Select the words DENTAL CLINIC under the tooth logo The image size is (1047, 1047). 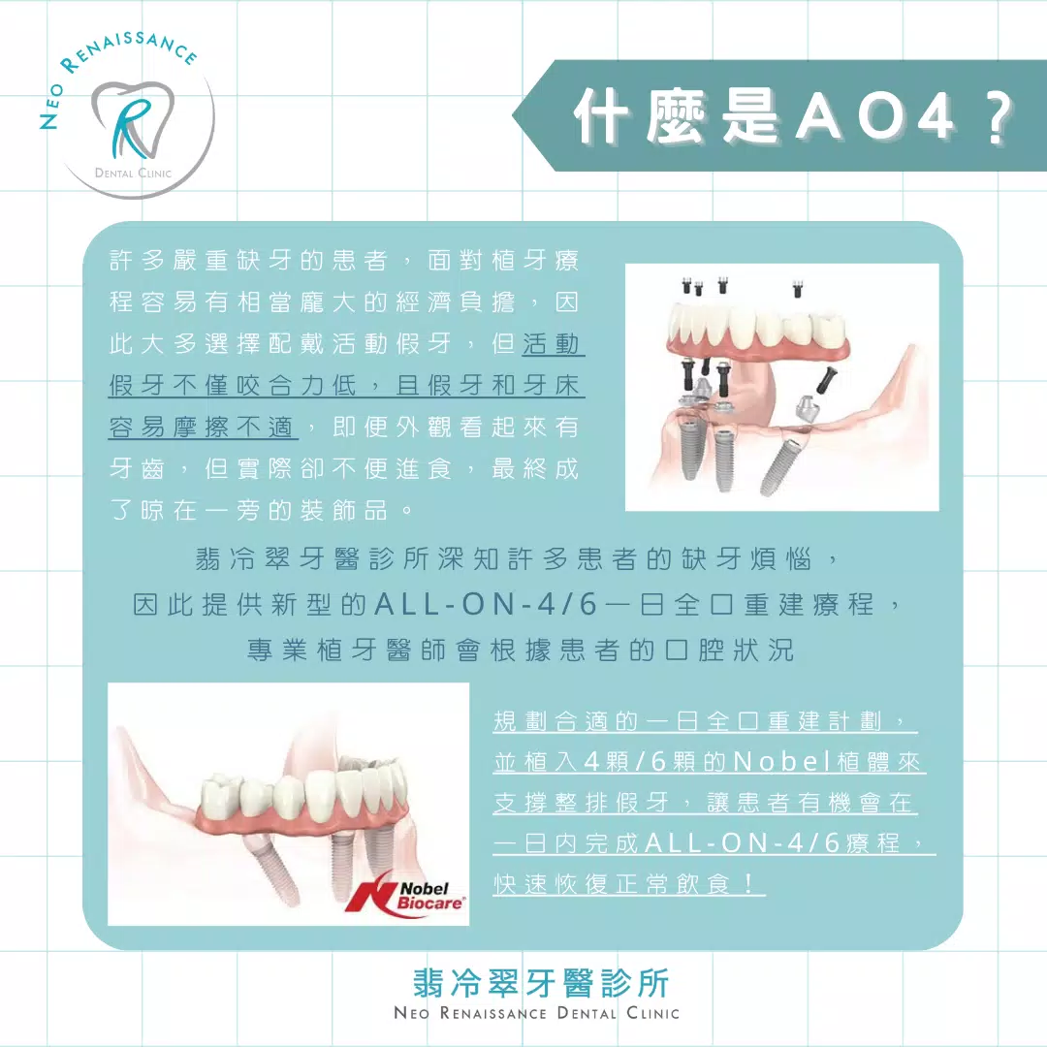tap(133, 174)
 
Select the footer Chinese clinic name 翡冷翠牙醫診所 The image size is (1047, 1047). tap(540, 983)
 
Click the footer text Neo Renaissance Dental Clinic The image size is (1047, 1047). tap(536, 1013)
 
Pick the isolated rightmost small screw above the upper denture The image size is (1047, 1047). tap(798, 286)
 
